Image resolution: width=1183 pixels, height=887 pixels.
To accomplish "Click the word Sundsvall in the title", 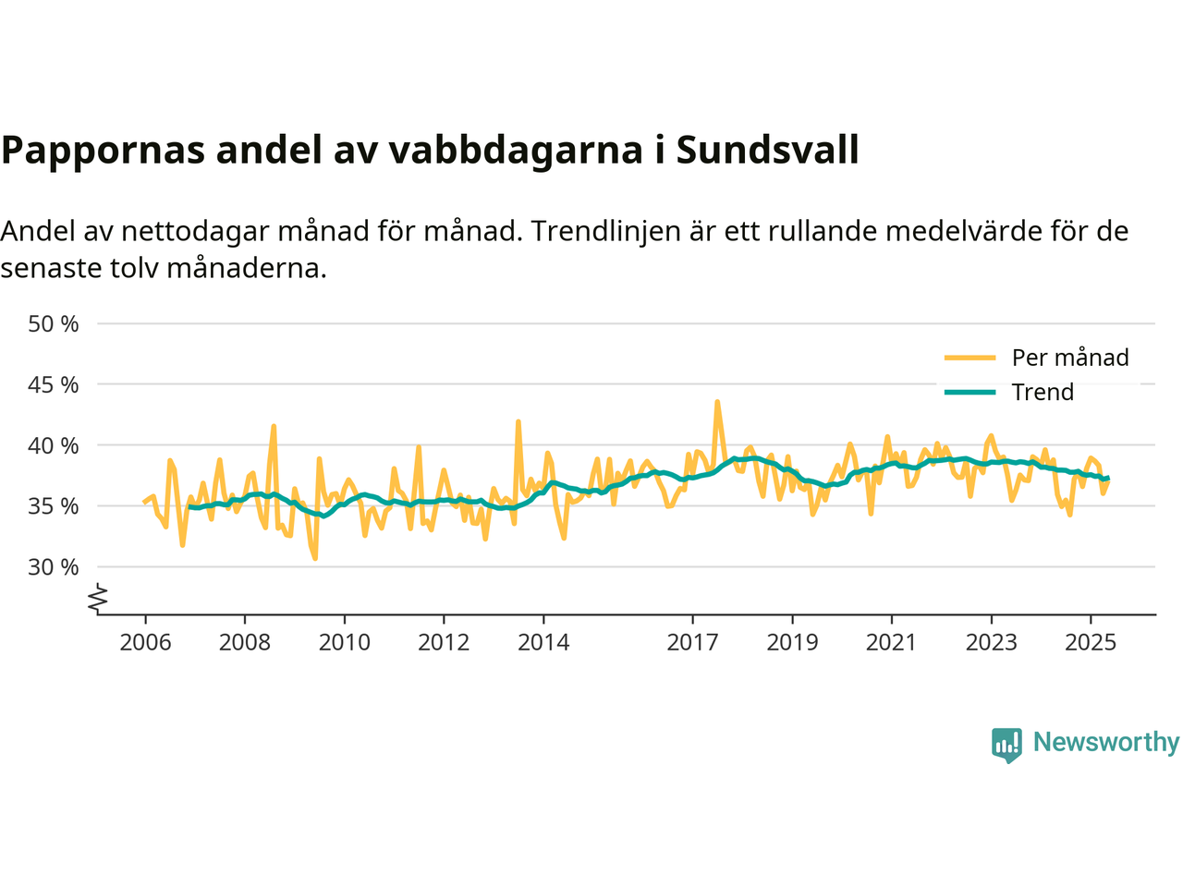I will pos(767,150).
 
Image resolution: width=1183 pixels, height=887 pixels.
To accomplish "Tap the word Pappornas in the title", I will pos(103,150).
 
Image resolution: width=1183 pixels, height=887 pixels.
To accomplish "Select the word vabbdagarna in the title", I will pos(515,150).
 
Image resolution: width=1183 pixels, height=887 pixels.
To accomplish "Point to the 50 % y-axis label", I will pos(54,324).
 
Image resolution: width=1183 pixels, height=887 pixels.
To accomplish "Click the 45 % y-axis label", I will pos(54,384).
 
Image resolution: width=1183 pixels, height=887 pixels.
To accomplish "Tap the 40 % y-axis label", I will pos(54,445).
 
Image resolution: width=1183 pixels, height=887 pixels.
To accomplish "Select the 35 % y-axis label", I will pos(54,506).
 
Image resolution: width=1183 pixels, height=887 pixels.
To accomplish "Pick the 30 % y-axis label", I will pos(54,567).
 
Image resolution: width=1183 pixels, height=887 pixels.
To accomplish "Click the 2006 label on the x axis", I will pos(145,642).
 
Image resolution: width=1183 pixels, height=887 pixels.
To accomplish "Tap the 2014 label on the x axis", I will pos(543,642).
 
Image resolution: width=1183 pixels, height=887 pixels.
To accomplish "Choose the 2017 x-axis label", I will pos(692,642).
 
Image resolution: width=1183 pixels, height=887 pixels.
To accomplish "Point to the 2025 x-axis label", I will pos(1091,642).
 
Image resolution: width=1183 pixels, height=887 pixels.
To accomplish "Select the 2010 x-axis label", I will pos(345,642).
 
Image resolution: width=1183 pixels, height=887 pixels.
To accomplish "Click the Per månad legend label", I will pos(1070,358).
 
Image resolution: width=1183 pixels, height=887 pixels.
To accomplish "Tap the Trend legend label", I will pos(1043,392).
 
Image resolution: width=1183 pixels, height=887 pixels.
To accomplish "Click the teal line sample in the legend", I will pos(970,392).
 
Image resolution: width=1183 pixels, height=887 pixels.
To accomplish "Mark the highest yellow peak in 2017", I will pos(717,402).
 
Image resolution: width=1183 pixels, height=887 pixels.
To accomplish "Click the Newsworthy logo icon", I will pos(1006,744).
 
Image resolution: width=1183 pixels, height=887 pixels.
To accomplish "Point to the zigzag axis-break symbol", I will pos(98,600).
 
